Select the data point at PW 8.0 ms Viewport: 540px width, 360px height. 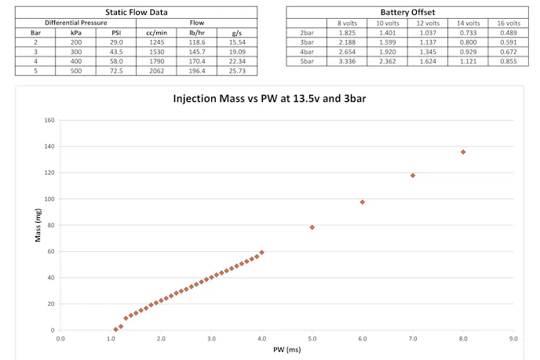(463, 152)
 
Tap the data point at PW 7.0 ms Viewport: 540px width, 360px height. (413, 176)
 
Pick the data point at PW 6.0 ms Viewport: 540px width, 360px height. (363, 202)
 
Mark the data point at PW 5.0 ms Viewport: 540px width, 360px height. (312, 227)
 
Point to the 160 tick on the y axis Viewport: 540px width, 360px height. (49, 121)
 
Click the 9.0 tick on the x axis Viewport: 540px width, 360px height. (513, 339)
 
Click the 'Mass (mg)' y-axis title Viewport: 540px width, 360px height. (37, 225)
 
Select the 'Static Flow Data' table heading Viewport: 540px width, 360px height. (136, 13)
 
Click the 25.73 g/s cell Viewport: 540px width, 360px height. (235, 71)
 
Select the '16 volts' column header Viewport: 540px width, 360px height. (508, 24)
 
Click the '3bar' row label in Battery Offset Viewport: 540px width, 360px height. (307, 42)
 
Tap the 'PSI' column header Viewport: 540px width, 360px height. (115, 33)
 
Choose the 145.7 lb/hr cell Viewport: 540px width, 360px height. (194, 52)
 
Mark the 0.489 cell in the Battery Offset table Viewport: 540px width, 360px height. (508, 33)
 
